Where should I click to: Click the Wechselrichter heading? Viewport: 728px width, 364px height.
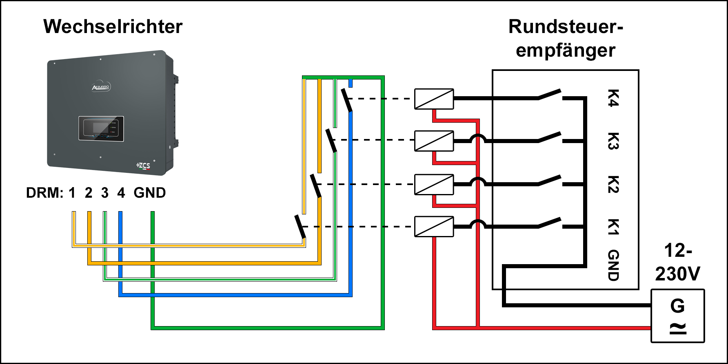click(x=113, y=27)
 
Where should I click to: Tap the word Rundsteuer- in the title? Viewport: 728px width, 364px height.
click(x=566, y=27)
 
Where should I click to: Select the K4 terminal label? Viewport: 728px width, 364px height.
click(x=613, y=98)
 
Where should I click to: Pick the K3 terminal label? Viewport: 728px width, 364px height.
click(x=613, y=141)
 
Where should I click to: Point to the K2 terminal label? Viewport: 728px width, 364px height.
click(x=613, y=184)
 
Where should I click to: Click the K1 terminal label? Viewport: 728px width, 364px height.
click(x=613, y=227)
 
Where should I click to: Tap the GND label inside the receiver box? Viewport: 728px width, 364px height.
click(x=613, y=265)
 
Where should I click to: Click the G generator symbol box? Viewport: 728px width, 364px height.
click(x=677, y=316)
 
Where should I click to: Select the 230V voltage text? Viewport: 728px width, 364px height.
click(x=677, y=274)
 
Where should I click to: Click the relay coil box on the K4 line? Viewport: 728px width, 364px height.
click(x=434, y=99)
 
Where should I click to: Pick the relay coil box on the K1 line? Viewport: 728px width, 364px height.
click(x=434, y=227)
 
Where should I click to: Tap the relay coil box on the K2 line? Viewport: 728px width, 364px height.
click(x=434, y=185)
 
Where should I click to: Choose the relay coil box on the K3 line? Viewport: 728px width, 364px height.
click(x=434, y=141)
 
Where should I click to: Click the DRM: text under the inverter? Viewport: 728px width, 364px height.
click(x=44, y=193)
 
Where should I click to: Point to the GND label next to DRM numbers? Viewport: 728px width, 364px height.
click(x=150, y=193)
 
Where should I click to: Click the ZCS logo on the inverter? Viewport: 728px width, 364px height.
click(x=143, y=165)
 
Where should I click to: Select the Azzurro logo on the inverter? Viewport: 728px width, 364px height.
click(x=101, y=87)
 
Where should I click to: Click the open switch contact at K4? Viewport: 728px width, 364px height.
click(x=550, y=95)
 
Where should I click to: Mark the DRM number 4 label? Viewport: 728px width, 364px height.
click(x=121, y=193)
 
